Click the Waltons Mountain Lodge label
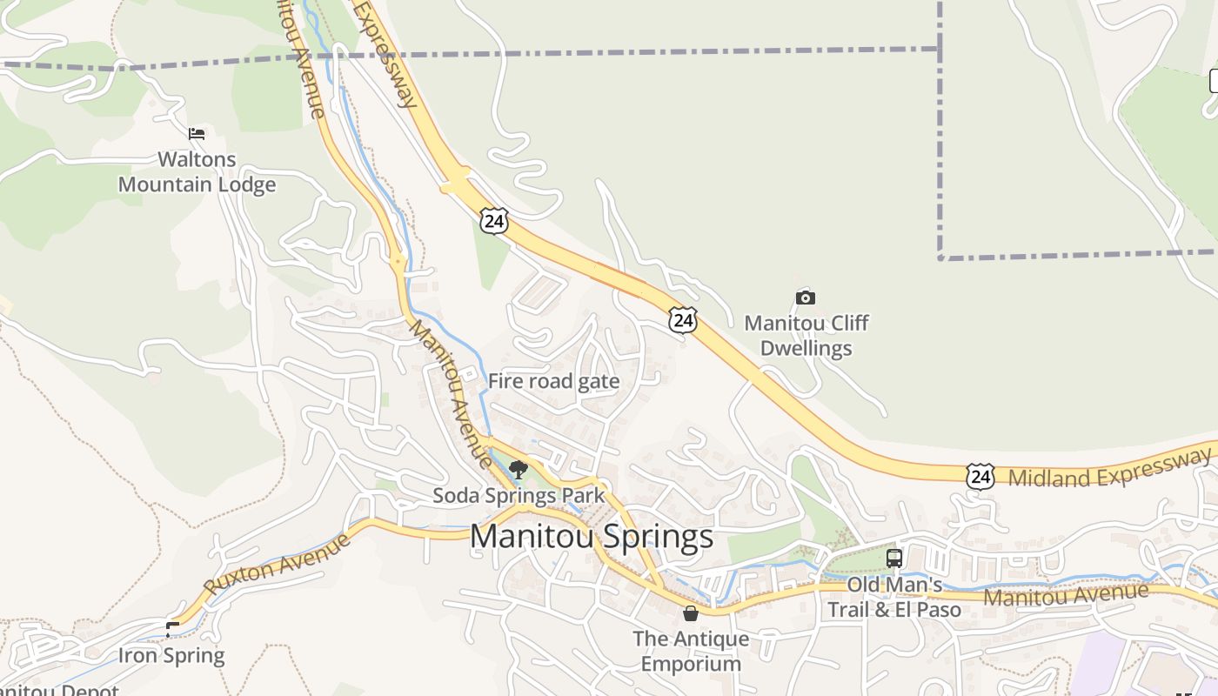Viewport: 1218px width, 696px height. pos(197,172)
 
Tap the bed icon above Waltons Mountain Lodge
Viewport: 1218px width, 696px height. pos(197,133)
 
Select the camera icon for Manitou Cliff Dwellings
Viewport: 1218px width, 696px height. pos(806,298)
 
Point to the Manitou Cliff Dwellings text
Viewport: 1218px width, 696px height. pos(806,336)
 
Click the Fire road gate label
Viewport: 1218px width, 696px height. pos(553,381)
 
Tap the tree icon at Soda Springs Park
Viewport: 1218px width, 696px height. pos(519,470)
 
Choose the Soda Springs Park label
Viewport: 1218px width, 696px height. pos(519,496)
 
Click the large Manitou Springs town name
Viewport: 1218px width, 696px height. pos(592,536)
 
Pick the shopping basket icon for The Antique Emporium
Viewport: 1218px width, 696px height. pos(691,613)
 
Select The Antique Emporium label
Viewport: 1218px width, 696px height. pos(691,651)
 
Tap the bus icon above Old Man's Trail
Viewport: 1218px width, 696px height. pos(894,559)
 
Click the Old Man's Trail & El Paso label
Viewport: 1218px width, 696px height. pos(894,597)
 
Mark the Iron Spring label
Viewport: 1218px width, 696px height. pos(171,655)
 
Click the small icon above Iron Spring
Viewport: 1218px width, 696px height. pos(173,627)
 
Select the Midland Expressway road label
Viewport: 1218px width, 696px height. pos(1109,468)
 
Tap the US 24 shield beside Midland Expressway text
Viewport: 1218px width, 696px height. pos(980,476)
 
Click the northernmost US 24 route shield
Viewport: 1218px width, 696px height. pos(493,221)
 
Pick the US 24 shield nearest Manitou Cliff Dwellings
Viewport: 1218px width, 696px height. pos(683,320)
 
